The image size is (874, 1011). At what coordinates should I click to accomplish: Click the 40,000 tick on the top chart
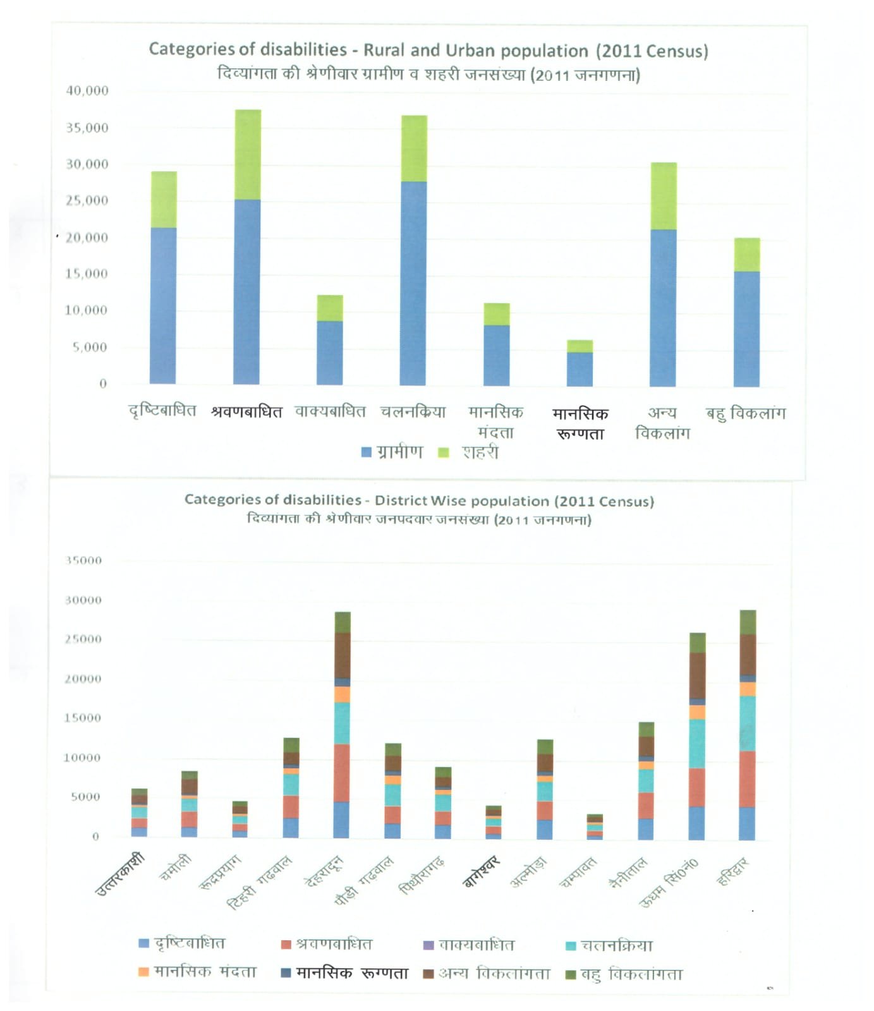point(87,91)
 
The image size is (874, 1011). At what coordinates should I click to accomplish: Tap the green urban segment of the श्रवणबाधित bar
point(248,155)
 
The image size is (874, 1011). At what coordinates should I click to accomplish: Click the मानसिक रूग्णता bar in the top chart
point(580,363)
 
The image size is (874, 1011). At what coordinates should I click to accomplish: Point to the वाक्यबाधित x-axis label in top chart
point(331,412)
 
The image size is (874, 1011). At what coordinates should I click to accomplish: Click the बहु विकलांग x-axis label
point(746,414)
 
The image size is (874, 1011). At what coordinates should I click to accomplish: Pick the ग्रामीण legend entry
point(392,452)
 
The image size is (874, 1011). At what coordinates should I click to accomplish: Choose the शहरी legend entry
point(471,452)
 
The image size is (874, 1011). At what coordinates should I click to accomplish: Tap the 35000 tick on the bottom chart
point(83,560)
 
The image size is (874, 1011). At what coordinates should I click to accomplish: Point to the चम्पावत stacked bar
point(595,827)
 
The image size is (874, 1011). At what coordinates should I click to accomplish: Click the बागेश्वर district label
point(482,872)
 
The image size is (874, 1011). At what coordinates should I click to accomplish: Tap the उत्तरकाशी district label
point(120,875)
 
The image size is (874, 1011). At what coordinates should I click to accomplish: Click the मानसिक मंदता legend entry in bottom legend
point(198,972)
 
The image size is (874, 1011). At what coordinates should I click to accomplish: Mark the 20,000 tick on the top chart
point(87,238)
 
